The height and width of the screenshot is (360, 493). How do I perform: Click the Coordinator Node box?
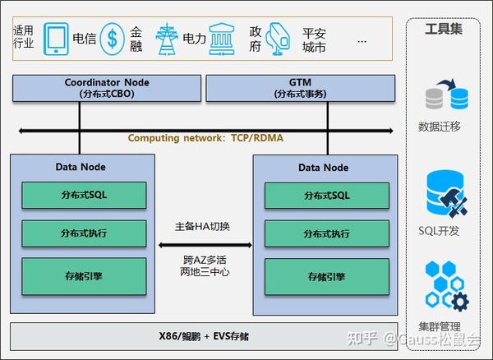[x=106, y=88]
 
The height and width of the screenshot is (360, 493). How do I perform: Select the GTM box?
[x=299, y=88]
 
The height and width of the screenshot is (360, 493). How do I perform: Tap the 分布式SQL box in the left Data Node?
[x=83, y=195]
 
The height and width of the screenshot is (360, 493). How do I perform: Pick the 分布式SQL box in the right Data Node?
[x=326, y=195]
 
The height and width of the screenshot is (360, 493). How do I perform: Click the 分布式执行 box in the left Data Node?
[x=83, y=233]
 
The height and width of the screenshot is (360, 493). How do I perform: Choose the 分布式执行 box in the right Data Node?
[x=326, y=233]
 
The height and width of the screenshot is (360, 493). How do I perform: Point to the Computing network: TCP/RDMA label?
[x=205, y=138]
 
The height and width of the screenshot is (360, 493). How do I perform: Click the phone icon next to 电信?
[x=56, y=38]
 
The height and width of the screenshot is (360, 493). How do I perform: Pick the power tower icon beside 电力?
[x=165, y=38]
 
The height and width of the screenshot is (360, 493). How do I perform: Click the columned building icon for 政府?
[x=221, y=38]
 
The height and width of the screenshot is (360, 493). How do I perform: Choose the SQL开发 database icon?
[x=446, y=193]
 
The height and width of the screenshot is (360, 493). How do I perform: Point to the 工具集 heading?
[x=444, y=30]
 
